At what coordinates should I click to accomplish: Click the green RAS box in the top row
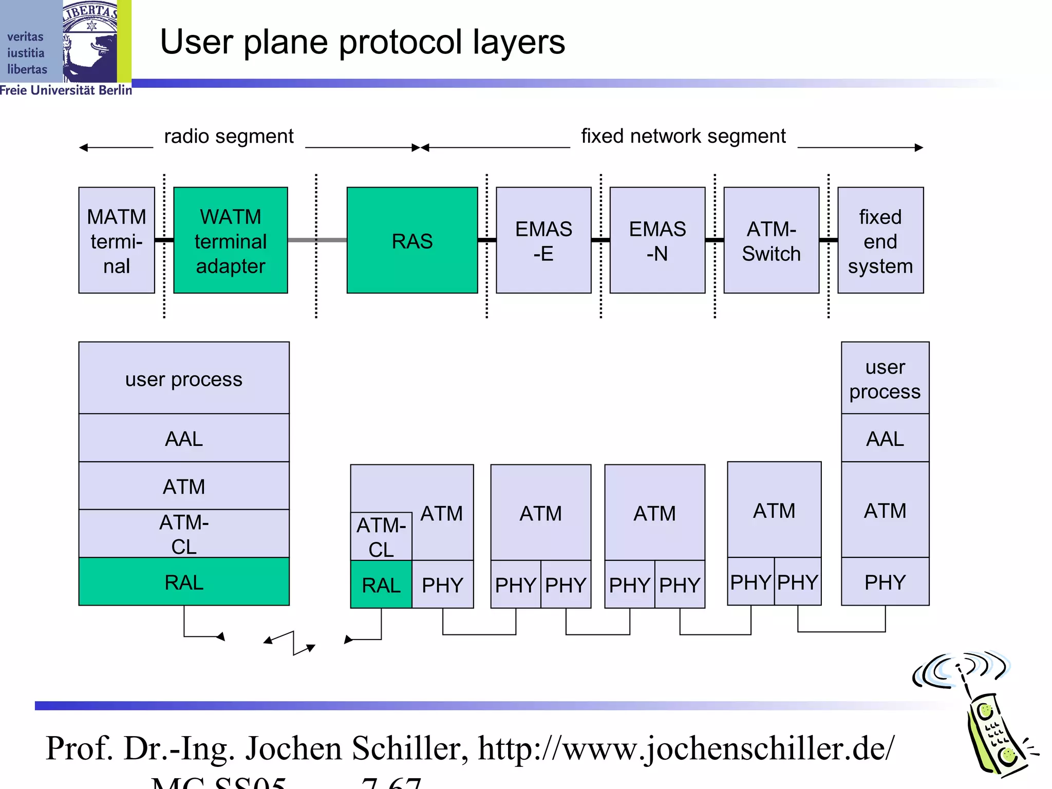point(412,240)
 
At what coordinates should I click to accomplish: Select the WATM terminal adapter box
point(231,240)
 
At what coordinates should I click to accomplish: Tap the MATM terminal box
point(117,240)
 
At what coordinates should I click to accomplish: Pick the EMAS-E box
point(543,240)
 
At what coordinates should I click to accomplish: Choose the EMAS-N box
point(657,240)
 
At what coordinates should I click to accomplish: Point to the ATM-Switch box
point(771,240)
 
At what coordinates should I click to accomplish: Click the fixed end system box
point(880,240)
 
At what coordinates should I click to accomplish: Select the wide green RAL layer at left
point(184,581)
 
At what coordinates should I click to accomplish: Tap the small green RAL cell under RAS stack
point(381,585)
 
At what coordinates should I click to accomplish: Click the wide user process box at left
point(184,378)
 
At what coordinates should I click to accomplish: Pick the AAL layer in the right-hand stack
point(885,438)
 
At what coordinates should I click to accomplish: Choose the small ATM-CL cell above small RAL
point(381,536)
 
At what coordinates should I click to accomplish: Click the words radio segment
point(229,137)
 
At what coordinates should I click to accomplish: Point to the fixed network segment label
point(683,137)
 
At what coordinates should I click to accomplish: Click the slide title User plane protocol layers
point(362,42)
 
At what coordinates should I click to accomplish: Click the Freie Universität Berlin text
point(66,90)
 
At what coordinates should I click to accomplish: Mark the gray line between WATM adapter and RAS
point(317,240)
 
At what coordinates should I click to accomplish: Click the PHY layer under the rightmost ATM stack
point(885,582)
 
